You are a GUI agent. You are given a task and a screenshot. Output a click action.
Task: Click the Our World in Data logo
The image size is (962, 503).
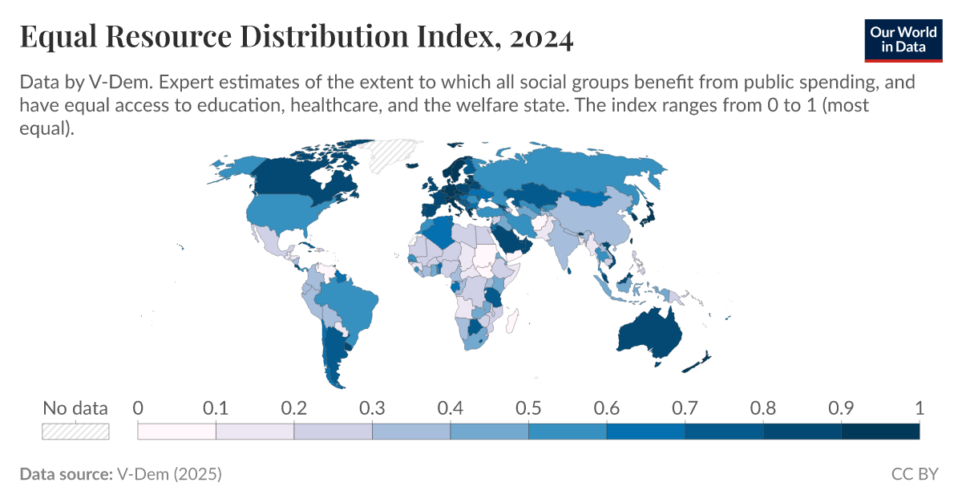pyautogui.click(x=903, y=38)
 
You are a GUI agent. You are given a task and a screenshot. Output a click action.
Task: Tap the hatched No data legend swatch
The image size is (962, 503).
pyautogui.click(x=75, y=431)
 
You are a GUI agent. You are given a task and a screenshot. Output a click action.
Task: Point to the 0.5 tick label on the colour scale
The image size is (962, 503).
pyautogui.click(x=528, y=408)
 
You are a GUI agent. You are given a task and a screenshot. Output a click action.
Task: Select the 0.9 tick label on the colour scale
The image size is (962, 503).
pyautogui.click(x=841, y=408)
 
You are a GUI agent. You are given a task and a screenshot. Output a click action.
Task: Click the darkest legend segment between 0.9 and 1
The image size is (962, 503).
pyautogui.click(x=879, y=432)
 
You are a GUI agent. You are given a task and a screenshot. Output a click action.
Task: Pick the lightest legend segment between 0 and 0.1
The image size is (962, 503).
pyautogui.click(x=177, y=432)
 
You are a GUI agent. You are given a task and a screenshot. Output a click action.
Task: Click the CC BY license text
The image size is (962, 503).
pyautogui.click(x=914, y=474)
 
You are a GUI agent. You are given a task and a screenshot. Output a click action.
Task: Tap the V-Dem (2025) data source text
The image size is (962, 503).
pyautogui.click(x=169, y=474)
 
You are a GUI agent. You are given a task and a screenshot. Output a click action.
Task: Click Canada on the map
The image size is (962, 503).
pyautogui.click(x=297, y=181)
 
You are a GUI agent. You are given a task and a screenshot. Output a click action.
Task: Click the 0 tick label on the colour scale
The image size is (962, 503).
pyautogui.click(x=138, y=408)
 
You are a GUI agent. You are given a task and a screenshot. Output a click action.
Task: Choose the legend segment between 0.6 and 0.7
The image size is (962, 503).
pyautogui.click(x=645, y=432)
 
